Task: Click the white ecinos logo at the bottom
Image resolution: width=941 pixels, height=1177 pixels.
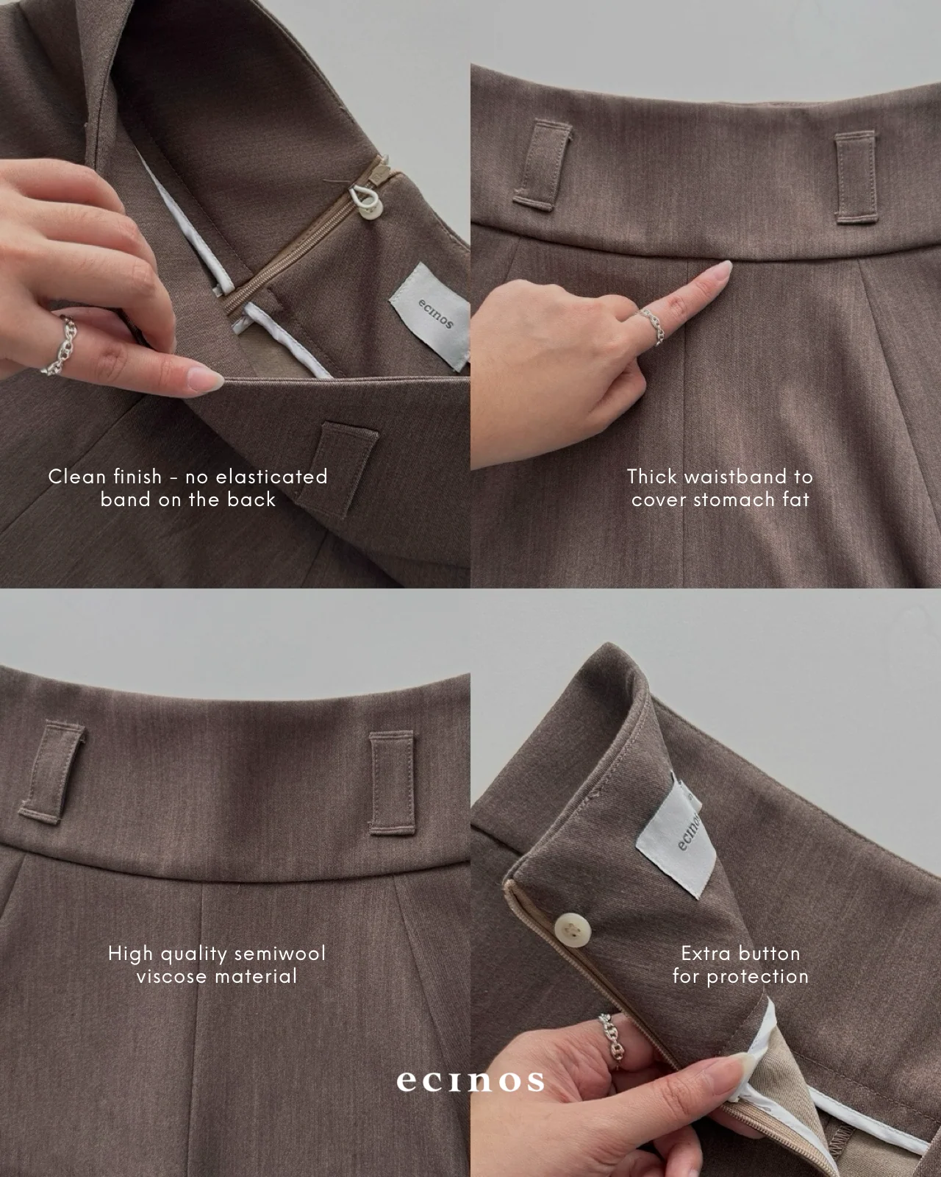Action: point(470,1081)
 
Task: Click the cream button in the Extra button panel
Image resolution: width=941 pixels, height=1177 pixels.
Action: point(573,928)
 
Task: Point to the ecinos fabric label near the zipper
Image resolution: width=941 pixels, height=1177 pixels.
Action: point(431,316)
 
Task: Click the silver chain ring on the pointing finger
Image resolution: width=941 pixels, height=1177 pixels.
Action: point(651,325)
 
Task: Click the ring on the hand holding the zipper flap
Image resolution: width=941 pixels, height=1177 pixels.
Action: point(612,1039)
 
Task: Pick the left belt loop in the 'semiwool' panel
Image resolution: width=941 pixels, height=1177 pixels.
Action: point(52,772)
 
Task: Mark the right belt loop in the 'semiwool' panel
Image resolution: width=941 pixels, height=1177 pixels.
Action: point(392,783)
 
